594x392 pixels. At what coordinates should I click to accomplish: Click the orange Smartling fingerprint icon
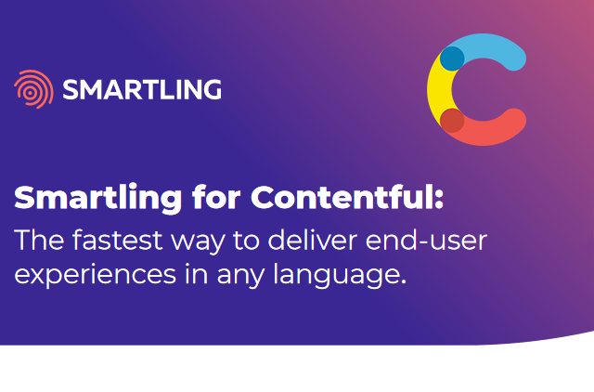(x=33, y=89)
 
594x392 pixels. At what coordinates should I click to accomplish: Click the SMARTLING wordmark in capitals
(x=142, y=89)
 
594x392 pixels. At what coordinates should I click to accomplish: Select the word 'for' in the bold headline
(x=216, y=197)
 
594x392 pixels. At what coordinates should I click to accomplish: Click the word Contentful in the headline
(x=342, y=197)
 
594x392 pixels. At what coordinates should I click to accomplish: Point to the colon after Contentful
(x=439, y=200)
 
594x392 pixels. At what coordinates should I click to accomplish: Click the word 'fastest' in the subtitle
(x=118, y=240)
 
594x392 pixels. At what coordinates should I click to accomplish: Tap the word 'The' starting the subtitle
(x=39, y=240)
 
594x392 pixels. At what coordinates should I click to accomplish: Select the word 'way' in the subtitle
(x=198, y=243)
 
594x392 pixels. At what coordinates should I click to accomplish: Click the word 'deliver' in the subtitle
(x=313, y=240)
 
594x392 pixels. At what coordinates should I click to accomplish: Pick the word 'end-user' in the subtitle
(x=426, y=240)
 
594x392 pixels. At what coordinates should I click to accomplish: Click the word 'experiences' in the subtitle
(x=95, y=275)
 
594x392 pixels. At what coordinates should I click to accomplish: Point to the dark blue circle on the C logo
(x=452, y=59)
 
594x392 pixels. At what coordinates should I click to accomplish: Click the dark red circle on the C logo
(x=452, y=121)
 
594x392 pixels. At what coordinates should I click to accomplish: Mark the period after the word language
(x=403, y=281)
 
